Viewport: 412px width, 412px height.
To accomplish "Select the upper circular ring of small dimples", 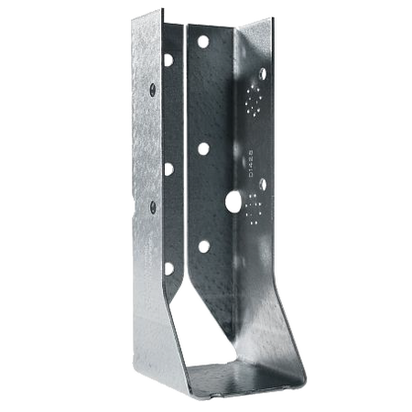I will pyautogui.click(x=254, y=101).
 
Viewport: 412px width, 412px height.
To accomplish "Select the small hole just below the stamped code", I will pyautogui.click(x=264, y=183).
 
